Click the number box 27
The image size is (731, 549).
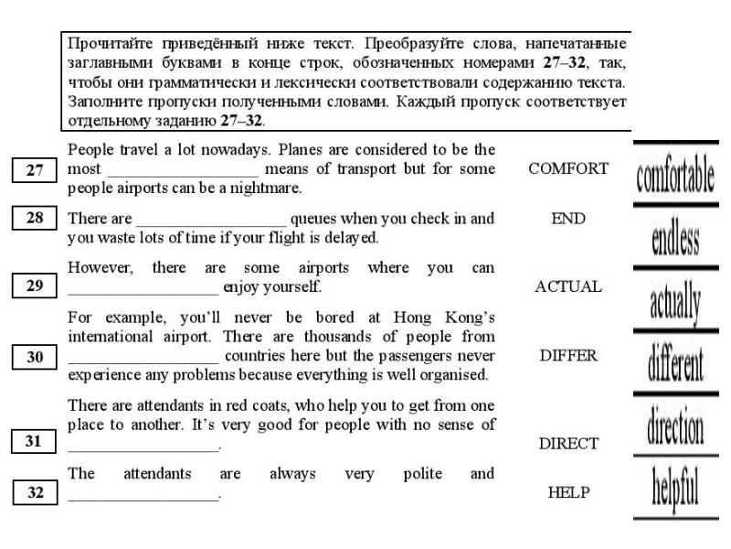tap(36, 169)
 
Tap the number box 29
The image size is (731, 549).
tap(36, 286)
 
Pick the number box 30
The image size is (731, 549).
tap(36, 357)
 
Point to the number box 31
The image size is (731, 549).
tap(36, 443)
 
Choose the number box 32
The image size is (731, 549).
tap(36, 492)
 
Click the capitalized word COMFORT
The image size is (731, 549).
tap(568, 168)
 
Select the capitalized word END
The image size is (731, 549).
tap(568, 219)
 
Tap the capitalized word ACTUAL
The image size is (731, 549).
tap(568, 286)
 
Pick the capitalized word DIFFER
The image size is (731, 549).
tap(568, 357)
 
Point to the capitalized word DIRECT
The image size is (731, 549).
tap(568, 444)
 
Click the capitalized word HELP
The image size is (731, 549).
tap(568, 492)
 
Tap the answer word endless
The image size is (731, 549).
tap(676, 241)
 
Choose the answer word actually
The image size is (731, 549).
tap(676, 303)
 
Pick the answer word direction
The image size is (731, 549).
tap(676, 425)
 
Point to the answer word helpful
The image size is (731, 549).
tap(676, 490)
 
